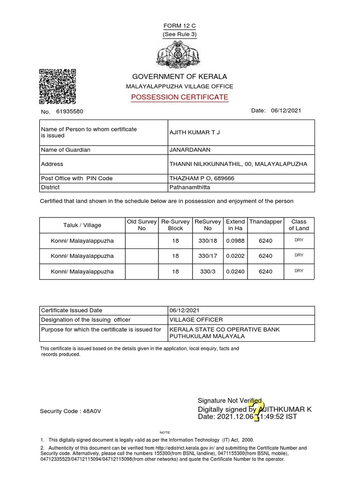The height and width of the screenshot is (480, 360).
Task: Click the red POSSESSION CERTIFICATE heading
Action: (180, 97)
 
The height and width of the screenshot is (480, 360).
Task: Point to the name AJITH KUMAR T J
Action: (194, 132)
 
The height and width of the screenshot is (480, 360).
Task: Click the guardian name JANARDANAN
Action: (190, 150)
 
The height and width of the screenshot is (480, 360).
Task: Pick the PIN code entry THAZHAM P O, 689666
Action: (202, 178)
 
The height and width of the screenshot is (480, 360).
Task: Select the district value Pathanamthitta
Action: (190, 187)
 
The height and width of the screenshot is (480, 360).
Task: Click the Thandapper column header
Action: (266, 221)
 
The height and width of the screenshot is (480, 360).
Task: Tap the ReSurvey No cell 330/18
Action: (208, 241)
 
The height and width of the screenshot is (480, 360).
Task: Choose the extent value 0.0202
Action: (235, 256)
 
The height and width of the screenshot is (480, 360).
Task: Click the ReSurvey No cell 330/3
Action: (208, 271)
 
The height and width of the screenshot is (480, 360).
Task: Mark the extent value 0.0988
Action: (235, 241)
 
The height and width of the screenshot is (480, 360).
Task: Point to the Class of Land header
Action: (299, 225)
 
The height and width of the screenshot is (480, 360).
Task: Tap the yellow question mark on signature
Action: (258, 409)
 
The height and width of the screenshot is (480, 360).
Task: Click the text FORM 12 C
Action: (180, 25)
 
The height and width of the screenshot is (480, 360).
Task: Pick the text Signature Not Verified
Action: (230, 400)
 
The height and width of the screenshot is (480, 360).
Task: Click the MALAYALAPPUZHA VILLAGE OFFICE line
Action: (180, 86)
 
